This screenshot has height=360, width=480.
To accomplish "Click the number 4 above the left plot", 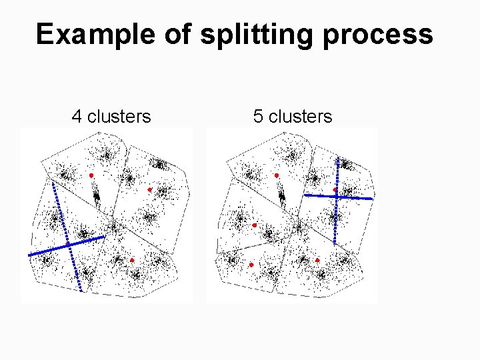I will pyautogui.click(x=77, y=117).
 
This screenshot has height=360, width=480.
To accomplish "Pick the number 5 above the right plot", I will pyautogui.click(x=258, y=117).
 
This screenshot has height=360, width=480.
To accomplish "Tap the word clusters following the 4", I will pyautogui.click(x=119, y=117).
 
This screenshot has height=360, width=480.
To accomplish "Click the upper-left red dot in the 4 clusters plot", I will pyautogui.click(x=91, y=175).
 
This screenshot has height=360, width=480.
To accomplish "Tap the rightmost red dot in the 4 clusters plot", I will pyautogui.click(x=150, y=190).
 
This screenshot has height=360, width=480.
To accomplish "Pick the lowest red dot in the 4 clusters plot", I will pyautogui.click(x=132, y=260).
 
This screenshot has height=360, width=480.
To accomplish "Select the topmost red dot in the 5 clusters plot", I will pyautogui.click(x=277, y=175).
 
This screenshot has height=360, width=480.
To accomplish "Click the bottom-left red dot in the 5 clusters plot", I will pyautogui.click(x=251, y=265).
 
